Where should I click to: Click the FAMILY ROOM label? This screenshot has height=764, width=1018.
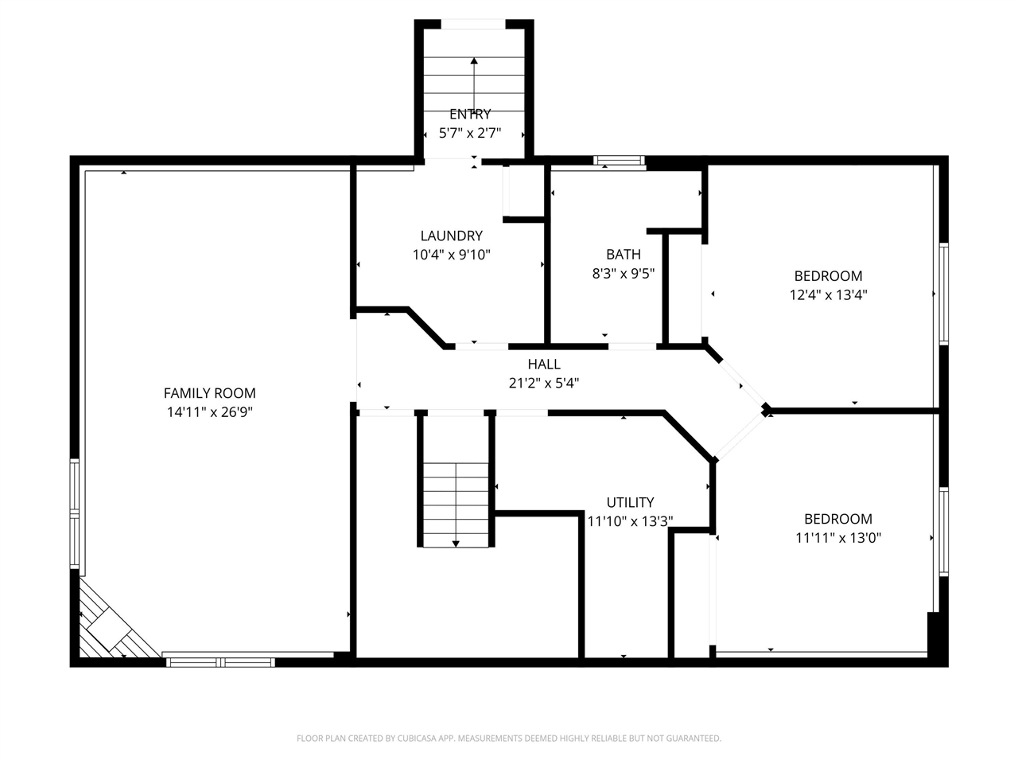pos(209,392)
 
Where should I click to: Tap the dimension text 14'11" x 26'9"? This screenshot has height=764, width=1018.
pos(209,411)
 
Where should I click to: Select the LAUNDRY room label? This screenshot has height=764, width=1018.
pos(451,236)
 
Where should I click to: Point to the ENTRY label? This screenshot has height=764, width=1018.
pos(470,114)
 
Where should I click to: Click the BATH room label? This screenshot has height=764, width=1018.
pos(623,255)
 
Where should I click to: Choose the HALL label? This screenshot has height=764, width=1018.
pos(544,364)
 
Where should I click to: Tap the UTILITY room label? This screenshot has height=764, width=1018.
pos(630,502)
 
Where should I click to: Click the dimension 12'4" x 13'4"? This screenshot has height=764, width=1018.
pos(828,294)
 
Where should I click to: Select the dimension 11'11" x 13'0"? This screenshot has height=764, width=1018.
pos(837,537)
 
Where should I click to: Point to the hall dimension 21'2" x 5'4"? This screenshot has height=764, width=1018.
pos(544,383)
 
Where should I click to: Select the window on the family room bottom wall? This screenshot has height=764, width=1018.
pos(220,661)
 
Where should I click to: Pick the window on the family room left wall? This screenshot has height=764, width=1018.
pos(75,513)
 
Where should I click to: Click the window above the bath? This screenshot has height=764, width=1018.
pos(620,161)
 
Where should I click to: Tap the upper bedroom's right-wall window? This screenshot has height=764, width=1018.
pos(943,293)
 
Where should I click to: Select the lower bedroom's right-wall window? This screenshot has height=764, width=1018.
pos(943,531)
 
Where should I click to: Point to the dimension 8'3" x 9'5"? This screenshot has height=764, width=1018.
pos(623,274)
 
